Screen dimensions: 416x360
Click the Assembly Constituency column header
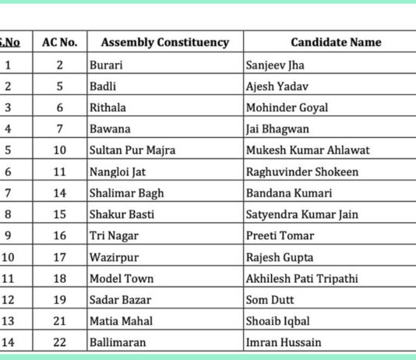164,42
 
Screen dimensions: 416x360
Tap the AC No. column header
60,42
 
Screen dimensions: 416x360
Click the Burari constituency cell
106,65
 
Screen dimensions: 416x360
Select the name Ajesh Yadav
277,86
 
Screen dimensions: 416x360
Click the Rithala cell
108,108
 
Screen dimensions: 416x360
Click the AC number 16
60,235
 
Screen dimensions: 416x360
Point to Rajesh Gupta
278,256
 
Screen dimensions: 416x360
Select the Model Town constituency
122,278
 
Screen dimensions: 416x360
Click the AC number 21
60,320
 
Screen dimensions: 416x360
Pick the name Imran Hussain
283,342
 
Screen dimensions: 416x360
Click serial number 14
8,342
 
